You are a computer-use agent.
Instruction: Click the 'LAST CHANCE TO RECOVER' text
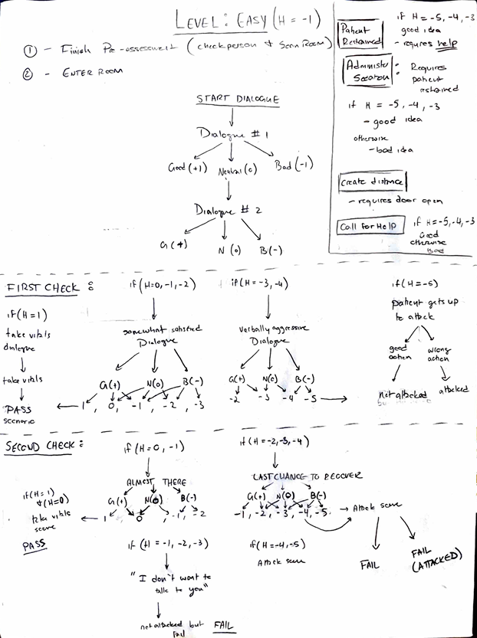coord(304,476)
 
